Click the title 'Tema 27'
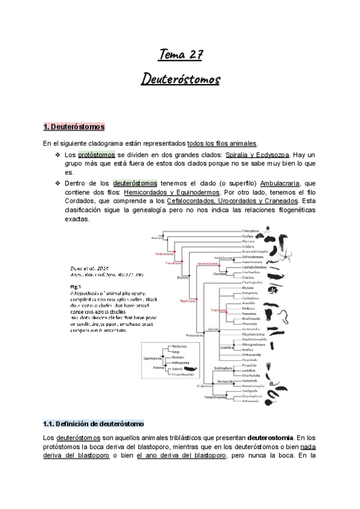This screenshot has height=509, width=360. point(180,55)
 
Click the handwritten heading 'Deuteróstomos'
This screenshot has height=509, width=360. point(180,79)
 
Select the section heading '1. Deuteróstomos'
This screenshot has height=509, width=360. point(74,127)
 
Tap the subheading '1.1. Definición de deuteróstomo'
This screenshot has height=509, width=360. point(94,424)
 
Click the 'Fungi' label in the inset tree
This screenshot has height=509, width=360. point(176,351)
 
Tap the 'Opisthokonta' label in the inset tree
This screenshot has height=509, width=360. point(151,355)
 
